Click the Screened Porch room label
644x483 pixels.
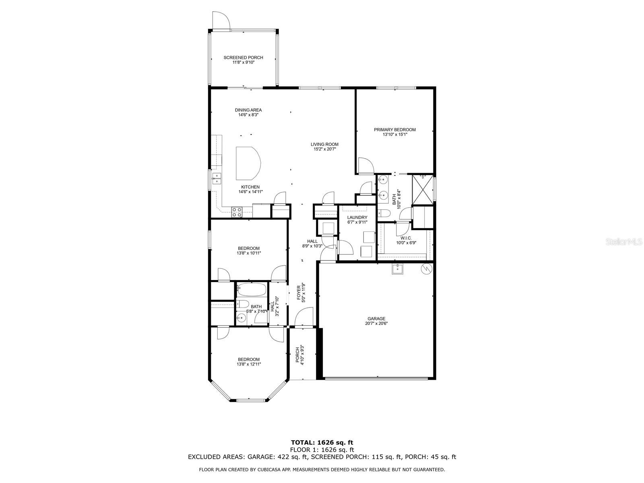tap(243, 58)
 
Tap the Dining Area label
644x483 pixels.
tap(248, 110)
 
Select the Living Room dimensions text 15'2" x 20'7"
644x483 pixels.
tap(324, 149)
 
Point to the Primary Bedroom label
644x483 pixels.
tap(394, 130)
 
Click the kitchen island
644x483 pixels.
tap(248, 163)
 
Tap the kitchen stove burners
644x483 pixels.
tap(237, 212)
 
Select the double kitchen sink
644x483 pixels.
tap(217, 179)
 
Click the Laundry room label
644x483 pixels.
tap(357, 217)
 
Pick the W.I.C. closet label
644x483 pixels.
tap(406, 238)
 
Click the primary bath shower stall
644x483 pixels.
tap(423, 190)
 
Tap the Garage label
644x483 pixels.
tap(376, 319)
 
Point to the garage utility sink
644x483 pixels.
tap(398, 268)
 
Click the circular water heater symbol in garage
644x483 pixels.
tap(426, 268)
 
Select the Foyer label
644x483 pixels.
tap(299, 293)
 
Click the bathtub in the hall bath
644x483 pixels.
tap(252, 290)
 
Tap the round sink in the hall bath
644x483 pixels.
tap(242, 317)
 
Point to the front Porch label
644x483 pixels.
tap(297, 355)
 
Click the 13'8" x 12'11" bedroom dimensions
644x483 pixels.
tap(249, 364)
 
